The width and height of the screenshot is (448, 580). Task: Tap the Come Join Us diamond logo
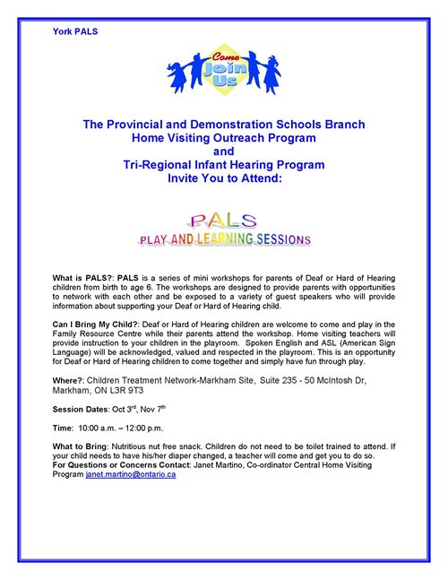(223, 67)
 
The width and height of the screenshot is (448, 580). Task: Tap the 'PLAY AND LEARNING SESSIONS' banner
(223, 239)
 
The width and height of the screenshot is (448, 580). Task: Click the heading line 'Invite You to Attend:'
(224, 178)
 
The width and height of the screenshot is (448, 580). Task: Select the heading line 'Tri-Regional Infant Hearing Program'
(224, 165)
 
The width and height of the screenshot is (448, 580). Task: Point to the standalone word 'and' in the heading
(223, 151)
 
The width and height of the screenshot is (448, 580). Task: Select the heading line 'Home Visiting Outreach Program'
(224, 138)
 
